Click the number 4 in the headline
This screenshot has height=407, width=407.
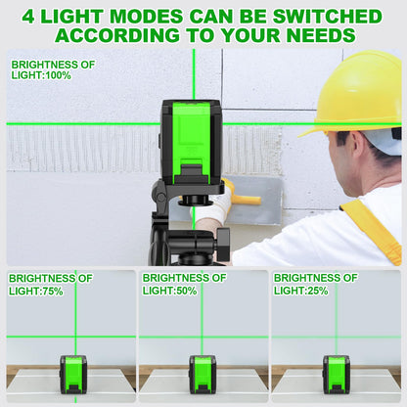[x=28, y=17]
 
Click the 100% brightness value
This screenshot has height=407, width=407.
[x=59, y=75]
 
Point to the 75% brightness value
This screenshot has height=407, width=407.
[x=52, y=291]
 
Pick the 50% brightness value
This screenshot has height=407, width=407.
[x=186, y=291]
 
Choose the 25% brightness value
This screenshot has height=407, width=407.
[x=317, y=291]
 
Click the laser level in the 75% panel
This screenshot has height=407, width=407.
[x=73, y=375]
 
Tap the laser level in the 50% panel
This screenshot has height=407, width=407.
[x=203, y=375]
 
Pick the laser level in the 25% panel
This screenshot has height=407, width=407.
[x=337, y=375]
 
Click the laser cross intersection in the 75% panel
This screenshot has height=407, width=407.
[x=75, y=337]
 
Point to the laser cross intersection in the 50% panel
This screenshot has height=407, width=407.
[x=202, y=337]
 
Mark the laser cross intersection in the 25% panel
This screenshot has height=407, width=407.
[x=337, y=337]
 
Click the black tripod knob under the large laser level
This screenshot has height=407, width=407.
[x=223, y=244]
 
